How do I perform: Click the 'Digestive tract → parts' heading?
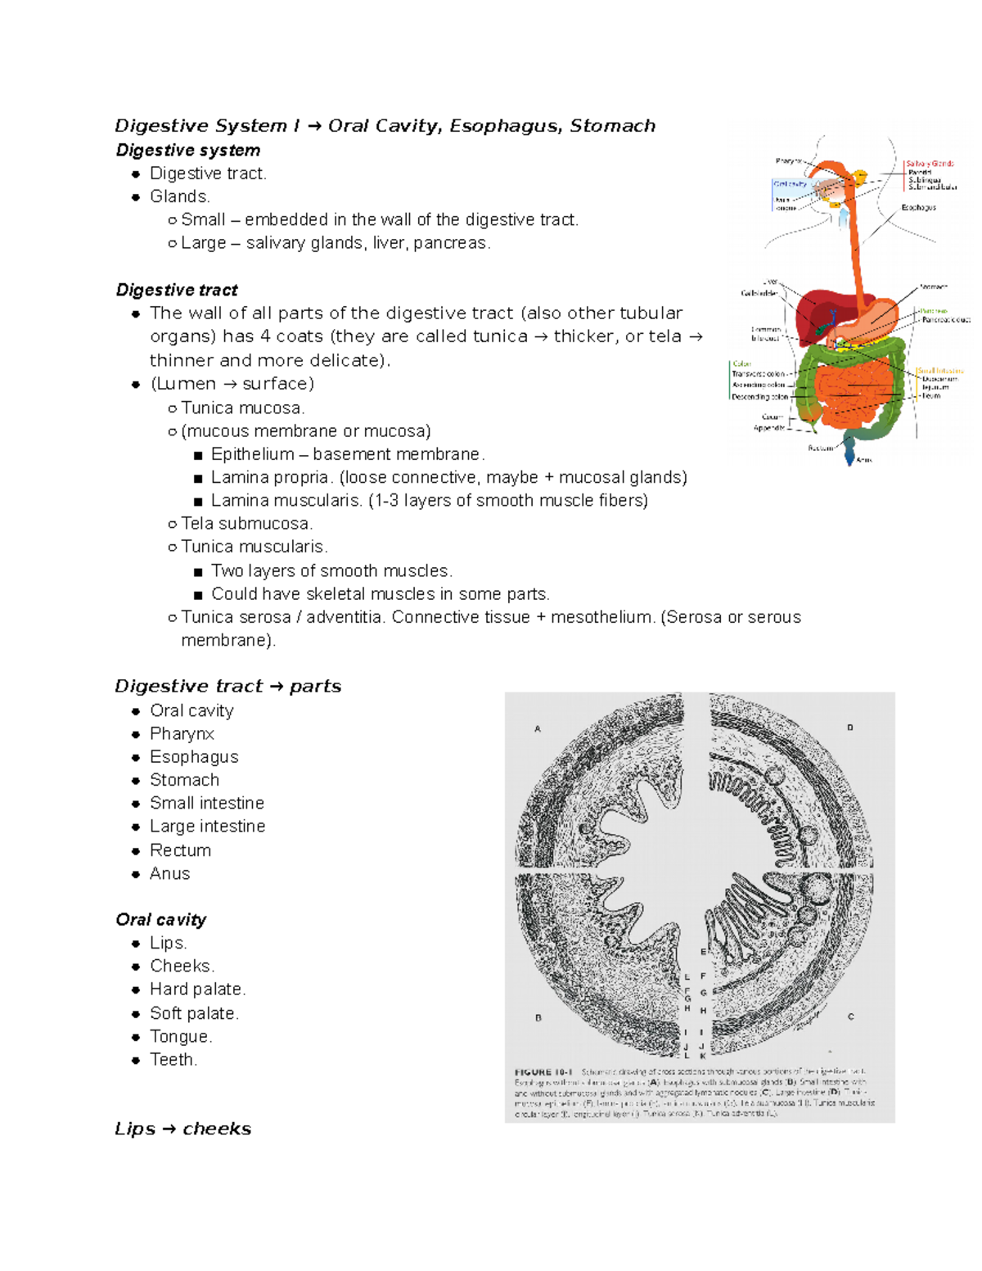[x=227, y=687]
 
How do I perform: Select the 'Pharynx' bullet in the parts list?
[x=182, y=734]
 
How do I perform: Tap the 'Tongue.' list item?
[x=181, y=1037]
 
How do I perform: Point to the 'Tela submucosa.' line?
[x=246, y=524]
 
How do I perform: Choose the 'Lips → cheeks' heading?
[x=182, y=1129]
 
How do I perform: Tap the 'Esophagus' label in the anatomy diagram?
[x=918, y=208]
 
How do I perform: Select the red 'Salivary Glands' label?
[x=930, y=164]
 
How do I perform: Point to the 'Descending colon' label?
[x=760, y=397]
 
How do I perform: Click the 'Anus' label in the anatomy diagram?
[x=864, y=461]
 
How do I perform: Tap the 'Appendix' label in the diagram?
[x=768, y=428]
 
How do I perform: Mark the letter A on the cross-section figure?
[x=538, y=728]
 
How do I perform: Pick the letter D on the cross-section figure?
[x=850, y=727]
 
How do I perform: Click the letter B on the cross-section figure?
[x=538, y=1018]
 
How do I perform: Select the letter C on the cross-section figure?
[x=851, y=1016]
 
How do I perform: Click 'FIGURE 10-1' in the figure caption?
[x=543, y=1072]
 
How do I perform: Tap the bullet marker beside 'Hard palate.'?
[x=136, y=990]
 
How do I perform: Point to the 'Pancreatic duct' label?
[x=945, y=320]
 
